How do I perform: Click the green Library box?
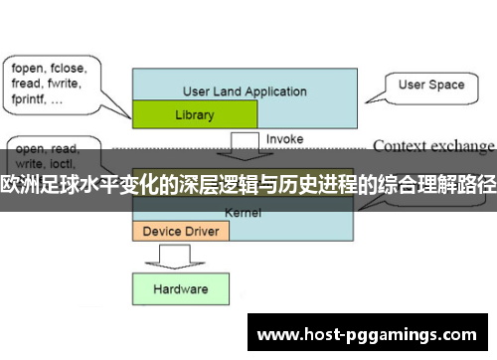click(193, 114)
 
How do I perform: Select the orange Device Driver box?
click(180, 231)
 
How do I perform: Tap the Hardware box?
click(180, 289)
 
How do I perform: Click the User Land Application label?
click(245, 91)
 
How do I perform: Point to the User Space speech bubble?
click(431, 86)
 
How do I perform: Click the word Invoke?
click(285, 139)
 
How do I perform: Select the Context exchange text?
click(433, 145)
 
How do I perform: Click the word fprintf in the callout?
click(33, 99)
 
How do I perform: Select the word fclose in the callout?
click(72, 69)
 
